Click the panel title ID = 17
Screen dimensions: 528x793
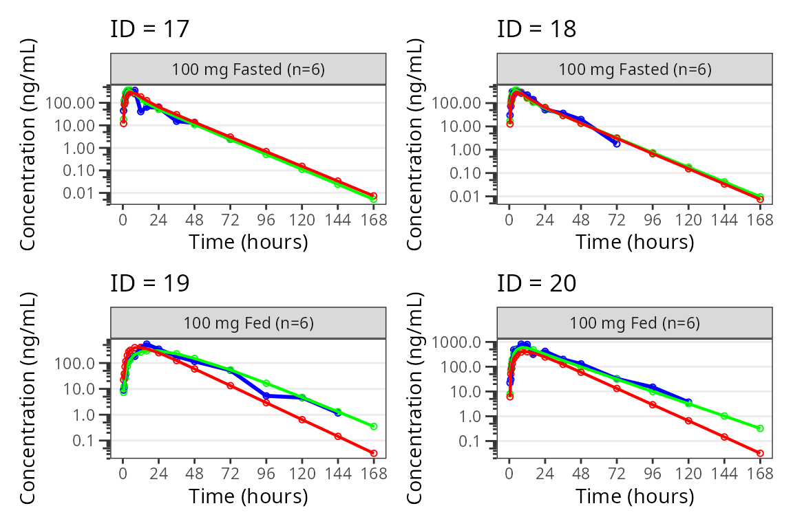tap(149, 30)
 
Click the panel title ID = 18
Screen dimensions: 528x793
tap(536, 30)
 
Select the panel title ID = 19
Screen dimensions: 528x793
tap(149, 283)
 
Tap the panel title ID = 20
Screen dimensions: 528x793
tap(536, 283)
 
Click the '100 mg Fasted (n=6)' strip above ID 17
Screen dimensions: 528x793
tap(248, 69)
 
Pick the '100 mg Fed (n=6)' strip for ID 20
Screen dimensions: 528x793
tap(634, 323)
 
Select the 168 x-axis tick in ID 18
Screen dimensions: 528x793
tap(760, 220)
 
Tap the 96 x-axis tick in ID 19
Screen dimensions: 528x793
tap(266, 474)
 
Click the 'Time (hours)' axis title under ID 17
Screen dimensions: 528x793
tap(248, 242)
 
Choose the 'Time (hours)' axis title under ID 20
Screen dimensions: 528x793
tap(634, 496)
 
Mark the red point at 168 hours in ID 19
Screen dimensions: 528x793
tap(374, 453)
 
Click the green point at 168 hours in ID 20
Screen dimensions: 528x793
tap(760, 428)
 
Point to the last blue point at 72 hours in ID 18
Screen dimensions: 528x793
tap(617, 144)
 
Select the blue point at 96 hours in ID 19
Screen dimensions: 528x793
tap(266, 395)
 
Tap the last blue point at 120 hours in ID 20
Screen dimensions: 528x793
tap(688, 401)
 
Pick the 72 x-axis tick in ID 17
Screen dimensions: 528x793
tap(231, 220)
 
